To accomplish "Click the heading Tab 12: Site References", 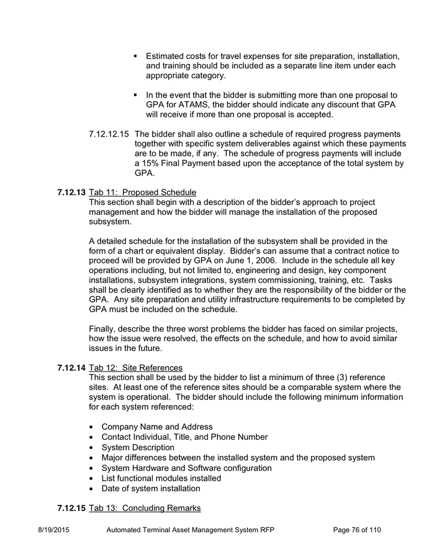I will [136, 368].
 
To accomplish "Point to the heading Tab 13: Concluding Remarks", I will [145, 508].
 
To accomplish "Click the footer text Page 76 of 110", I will [357, 530].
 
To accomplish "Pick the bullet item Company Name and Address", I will [157, 427].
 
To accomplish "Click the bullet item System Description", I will [138, 447].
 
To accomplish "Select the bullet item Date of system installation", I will [151, 488].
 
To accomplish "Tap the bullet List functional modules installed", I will [161, 478].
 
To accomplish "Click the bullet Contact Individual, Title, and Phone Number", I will [184, 437].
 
